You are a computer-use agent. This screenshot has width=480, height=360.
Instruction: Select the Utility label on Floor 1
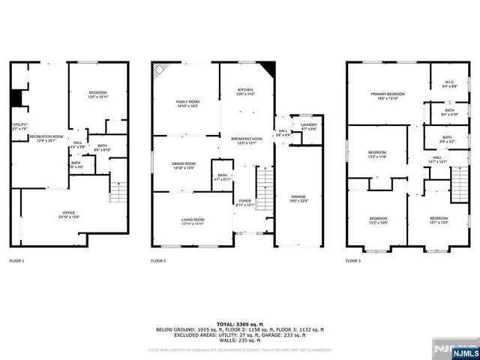[19, 125]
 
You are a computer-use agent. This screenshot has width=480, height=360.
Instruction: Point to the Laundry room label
[308, 127]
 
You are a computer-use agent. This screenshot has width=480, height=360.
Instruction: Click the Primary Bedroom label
[388, 95]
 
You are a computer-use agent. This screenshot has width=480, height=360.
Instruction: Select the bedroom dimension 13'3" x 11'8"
[377, 156]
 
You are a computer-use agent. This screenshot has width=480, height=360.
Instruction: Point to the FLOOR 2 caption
[158, 261]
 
